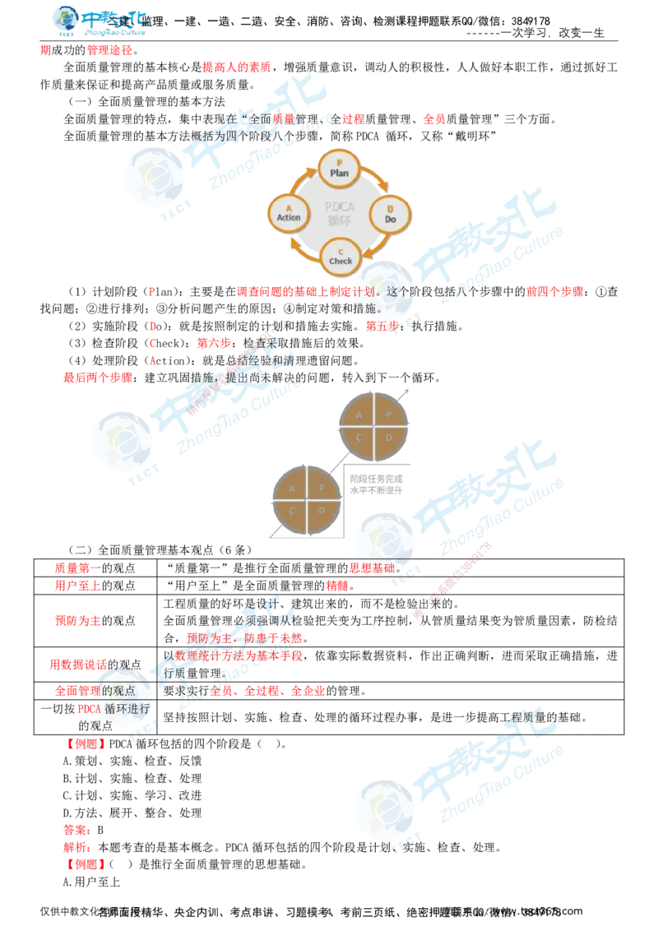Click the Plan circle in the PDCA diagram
339,168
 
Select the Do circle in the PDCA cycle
390,215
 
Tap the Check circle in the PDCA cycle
340,256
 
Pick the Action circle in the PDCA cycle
289,212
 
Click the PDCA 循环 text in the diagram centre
339,212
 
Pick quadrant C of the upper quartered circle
360,439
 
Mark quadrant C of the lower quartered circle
291,512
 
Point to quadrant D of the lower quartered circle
321,512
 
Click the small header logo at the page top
99,21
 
